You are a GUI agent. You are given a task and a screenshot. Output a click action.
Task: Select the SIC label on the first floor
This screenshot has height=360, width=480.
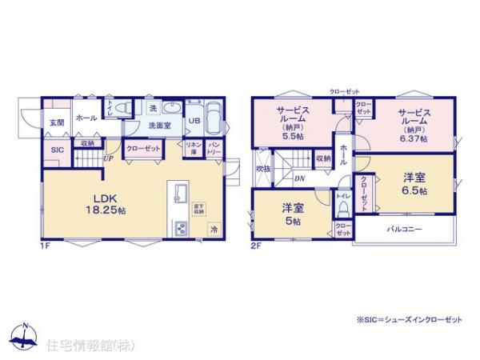tap(57, 150)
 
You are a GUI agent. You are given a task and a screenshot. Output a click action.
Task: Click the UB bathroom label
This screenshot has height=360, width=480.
tap(194, 122)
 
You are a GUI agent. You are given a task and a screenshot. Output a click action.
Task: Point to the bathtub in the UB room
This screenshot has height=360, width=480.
tap(212, 120)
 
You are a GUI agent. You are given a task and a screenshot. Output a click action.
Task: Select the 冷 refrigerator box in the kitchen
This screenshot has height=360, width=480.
tap(214, 229)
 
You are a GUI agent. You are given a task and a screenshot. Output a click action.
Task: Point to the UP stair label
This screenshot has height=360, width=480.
tap(107, 158)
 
